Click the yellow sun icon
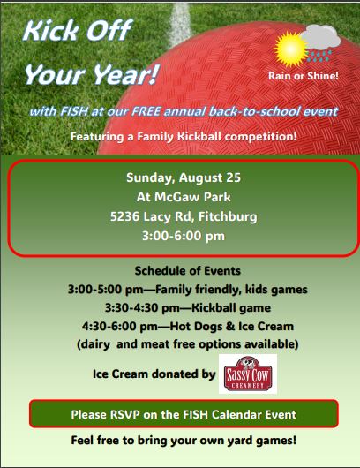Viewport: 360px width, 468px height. tap(290, 49)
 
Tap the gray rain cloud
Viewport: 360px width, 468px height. tap(320, 37)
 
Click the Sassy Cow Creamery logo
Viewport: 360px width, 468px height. tap(248, 374)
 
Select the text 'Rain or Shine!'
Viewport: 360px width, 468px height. tap(304, 76)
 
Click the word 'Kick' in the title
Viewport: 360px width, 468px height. tap(50, 30)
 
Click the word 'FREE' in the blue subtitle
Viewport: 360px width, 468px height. tap(146, 111)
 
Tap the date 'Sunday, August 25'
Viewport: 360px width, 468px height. tap(184, 177)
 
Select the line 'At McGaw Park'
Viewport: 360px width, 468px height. tap(184, 197)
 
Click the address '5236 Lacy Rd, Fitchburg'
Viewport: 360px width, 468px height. tap(184, 216)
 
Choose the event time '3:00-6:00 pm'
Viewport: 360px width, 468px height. tap(184, 236)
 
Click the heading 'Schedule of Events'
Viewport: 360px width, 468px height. tap(188, 271)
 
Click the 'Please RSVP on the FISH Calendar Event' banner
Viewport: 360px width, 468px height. tap(184, 414)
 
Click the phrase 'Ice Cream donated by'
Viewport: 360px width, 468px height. tap(154, 374)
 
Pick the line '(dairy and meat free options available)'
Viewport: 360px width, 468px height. tap(188, 344)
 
